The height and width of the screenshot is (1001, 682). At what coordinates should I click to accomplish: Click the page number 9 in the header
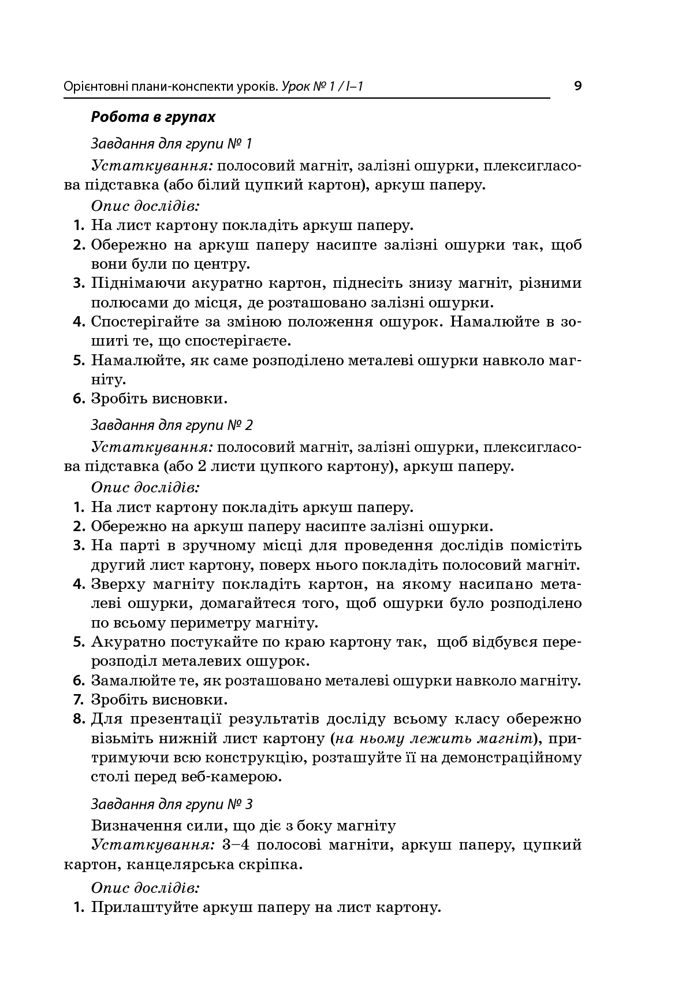tap(577, 87)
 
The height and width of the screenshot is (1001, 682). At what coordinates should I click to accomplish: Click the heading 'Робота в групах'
tap(153, 117)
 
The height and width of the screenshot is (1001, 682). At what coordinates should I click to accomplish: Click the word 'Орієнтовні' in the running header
tap(95, 87)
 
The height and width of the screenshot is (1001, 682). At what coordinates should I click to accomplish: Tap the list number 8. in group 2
tap(79, 720)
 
